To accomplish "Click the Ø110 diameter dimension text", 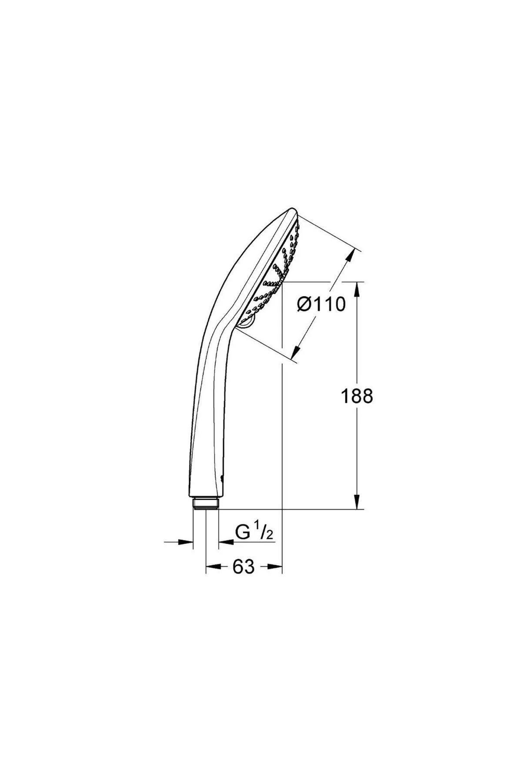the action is pos(321,304).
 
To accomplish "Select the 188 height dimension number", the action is pos(357,396).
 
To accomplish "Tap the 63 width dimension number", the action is pos(243,567).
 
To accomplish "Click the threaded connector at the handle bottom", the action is pos(206,503).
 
